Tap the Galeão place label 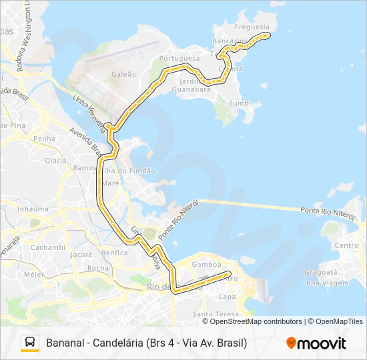tap(124, 74)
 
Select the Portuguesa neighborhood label tap(179, 58)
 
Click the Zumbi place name tap(240, 103)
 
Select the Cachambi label tap(47, 247)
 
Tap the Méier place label tap(33, 274)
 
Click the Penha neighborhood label tap(44, 139)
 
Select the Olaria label tap(55, 161)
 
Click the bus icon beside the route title tap(30, 343)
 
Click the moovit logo tap(316, 343)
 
